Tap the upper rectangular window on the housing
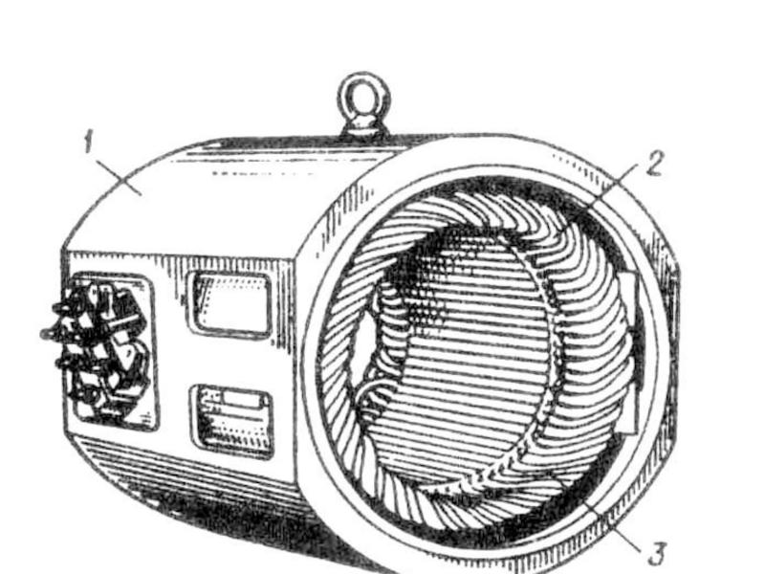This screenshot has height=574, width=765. [229, 302]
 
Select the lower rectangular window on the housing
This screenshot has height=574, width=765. [233, 419]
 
